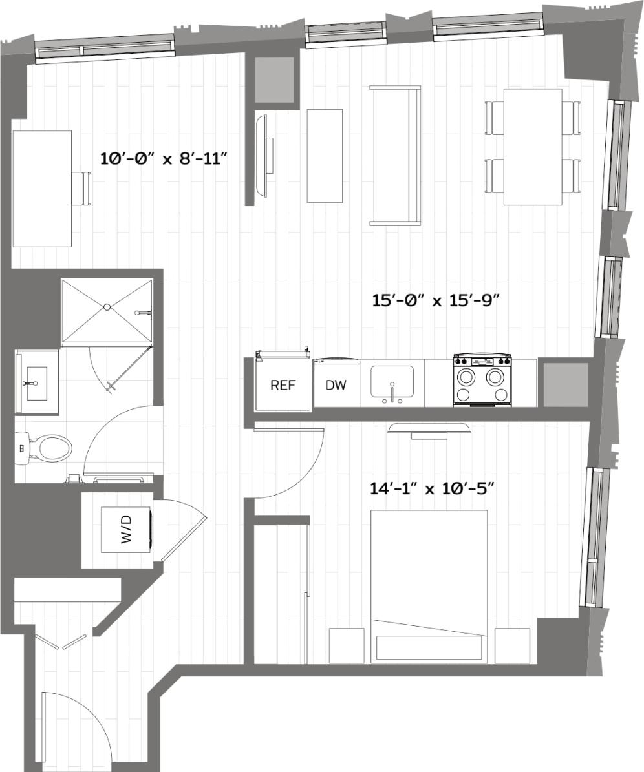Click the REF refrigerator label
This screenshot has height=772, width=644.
(282, 386)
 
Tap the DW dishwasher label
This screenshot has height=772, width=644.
(336, 386)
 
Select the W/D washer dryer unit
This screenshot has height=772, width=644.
(127, 530)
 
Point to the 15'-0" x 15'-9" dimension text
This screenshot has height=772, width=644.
(436, 300)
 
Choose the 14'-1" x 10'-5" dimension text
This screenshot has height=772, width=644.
(432, 488)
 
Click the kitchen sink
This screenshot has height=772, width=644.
(392, 383)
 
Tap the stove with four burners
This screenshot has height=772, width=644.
(482, 381)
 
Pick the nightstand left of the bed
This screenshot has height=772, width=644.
(347, 645)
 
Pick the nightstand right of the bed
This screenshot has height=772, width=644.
(511, 645)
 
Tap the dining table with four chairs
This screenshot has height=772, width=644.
(532, 147)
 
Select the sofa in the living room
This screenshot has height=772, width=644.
(395, 155)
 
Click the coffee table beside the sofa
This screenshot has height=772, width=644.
(325, 155)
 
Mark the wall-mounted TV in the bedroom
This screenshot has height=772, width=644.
(429, 428)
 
